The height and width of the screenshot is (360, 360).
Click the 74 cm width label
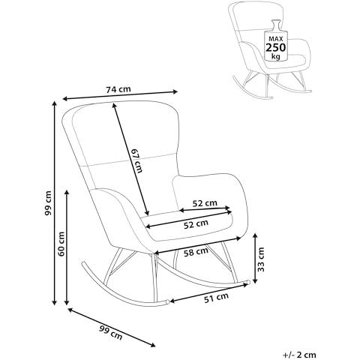(118, 89)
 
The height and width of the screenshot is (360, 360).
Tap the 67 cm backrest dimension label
(137, 160)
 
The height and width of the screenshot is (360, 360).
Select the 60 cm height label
(61, 244)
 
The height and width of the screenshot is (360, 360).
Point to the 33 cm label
(261, 259)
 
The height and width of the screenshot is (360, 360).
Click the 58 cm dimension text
(196, 252)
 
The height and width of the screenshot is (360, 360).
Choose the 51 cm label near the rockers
(216, 298)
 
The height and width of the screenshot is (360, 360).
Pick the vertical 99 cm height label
(48, 203)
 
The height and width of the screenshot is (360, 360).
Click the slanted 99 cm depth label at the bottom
(111, 333)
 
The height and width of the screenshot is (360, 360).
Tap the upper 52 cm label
(205, 203)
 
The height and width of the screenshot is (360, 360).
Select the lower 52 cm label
(196, 224)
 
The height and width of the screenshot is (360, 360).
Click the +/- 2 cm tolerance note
(299, 355)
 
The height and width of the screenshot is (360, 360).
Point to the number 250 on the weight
(275, 47)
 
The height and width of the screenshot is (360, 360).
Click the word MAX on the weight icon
(275, 39)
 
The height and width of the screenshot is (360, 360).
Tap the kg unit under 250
(276, 56)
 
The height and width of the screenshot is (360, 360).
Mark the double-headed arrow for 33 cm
(255, 258)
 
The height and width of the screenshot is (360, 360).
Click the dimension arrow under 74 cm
(120, 95)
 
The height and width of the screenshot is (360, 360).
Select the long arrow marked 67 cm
(130, 159)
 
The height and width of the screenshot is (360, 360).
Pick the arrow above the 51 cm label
(208, 292)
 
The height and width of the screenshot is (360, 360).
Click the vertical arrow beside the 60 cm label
(67, 247)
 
